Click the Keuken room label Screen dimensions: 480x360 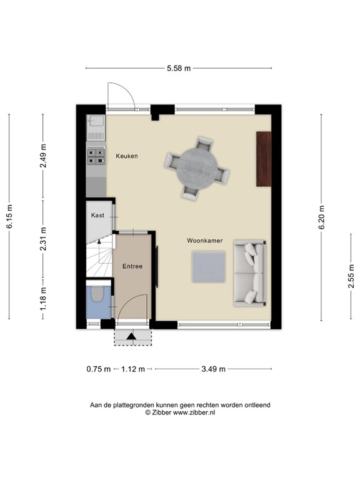click(126, 156)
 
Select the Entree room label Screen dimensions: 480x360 click(132, 266)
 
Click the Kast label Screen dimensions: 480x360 click(97, 215)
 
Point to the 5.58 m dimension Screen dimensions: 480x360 click(180, 68)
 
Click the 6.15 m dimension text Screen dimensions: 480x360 click(9, 217)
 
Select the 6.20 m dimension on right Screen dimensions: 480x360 click(321, 217)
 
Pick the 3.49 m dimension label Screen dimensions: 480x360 click(214, 369)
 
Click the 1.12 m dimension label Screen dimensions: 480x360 click(133, 369)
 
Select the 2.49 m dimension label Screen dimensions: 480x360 click(43, 156)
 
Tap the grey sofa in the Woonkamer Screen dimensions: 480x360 click(249, 274)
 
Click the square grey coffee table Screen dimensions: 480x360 click(209, 265)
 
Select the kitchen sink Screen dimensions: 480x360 click(96, 128)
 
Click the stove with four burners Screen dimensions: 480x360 click(96, 156)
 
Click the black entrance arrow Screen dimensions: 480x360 click(131, 337)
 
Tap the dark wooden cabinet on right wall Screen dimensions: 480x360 click(264, 159)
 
